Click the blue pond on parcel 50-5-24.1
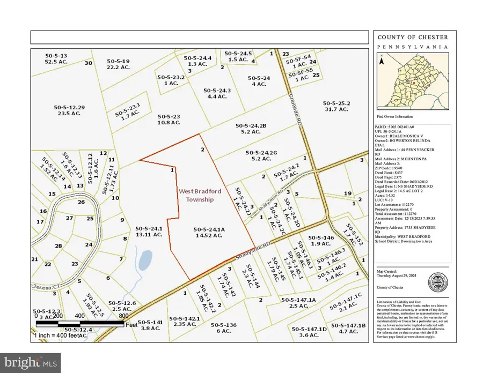[x=144, y=262]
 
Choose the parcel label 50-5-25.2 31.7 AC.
[x=336, y=106]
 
